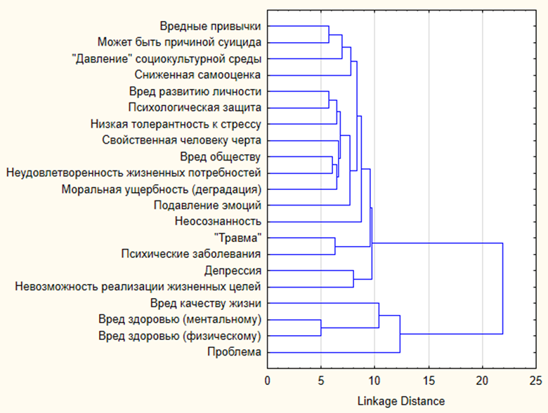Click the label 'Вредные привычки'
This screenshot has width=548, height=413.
[x=210, y=27]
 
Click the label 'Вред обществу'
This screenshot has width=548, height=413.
[x=221, y=156]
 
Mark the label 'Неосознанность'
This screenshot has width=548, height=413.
[x=218, y=222]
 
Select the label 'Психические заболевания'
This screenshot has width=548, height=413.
[x=191, y=254]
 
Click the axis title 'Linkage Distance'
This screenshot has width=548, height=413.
[x=401, y=400]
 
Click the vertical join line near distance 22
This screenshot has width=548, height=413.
[x=503, y=288]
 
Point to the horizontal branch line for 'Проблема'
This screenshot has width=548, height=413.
[x=334, y=352]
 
